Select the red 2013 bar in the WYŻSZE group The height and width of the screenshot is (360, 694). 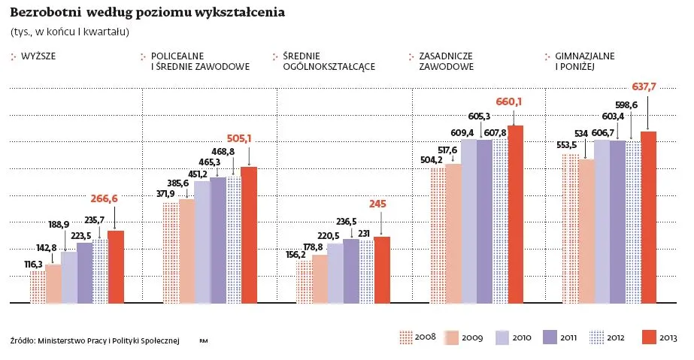116,267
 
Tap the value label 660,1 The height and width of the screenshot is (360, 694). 509,101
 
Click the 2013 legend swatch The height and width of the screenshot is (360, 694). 650,337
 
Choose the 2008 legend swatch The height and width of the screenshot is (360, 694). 407,337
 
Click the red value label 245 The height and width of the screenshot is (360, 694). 377,204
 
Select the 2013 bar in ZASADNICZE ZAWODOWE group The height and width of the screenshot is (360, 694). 515,214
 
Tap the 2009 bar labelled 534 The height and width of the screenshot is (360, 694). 586,231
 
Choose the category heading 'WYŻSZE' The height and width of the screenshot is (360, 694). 37,56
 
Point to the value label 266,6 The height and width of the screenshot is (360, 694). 105,199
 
